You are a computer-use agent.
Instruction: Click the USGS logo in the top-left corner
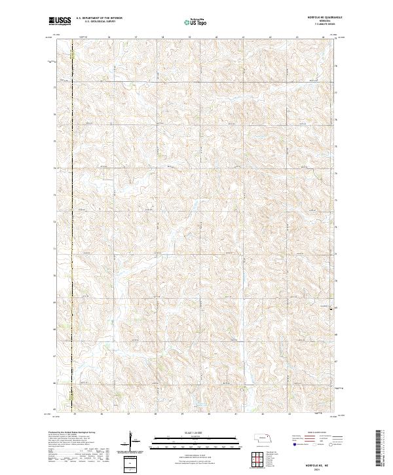coord(60,21)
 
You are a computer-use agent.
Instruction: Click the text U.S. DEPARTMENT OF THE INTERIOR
coord(99,18)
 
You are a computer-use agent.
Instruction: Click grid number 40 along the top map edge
coord(216,37)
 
